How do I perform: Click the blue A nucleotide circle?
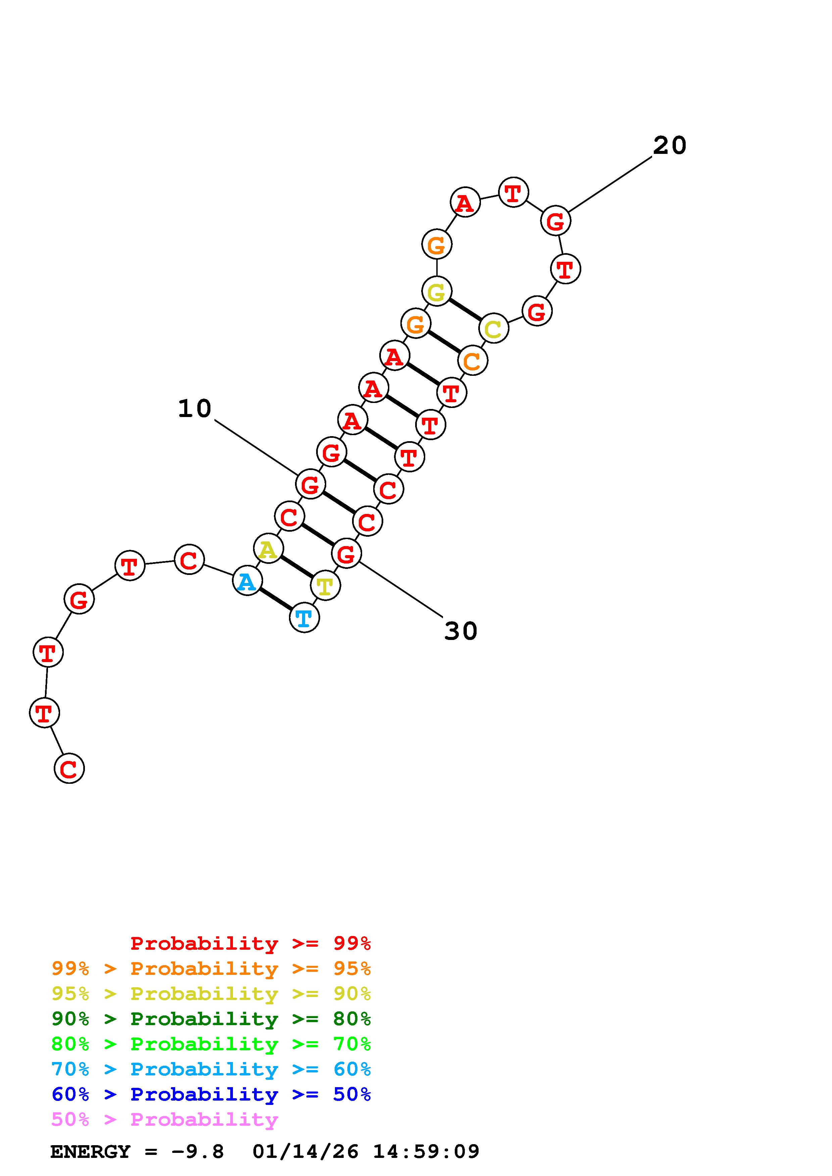coord(247,581)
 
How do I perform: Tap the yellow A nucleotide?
coord(268,548)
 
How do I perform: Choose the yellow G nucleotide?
coord(437,291)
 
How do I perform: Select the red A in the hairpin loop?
coord(465,202)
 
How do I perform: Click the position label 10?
coord(194,409)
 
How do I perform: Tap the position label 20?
coord(670,145)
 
